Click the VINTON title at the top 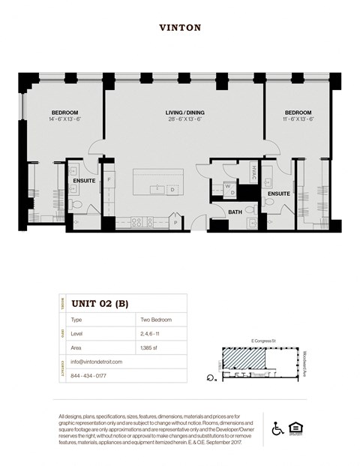point(180,28)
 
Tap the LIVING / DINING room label point(184,113)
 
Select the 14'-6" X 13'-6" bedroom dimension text point(64,119)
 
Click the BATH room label point(234,213)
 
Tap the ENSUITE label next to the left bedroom point(84,181)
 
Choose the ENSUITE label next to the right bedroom point(279,194)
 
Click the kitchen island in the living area point(159,182)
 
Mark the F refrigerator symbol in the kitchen point(109,180)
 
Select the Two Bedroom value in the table point(157,320)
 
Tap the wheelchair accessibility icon point(277,428)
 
